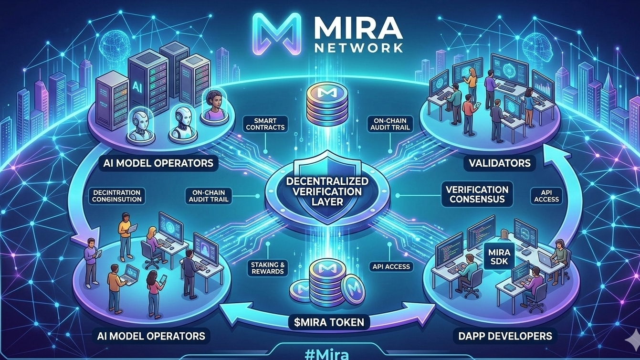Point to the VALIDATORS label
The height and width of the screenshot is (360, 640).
[499, 163]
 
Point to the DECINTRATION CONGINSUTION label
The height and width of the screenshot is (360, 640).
[117, 196]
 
